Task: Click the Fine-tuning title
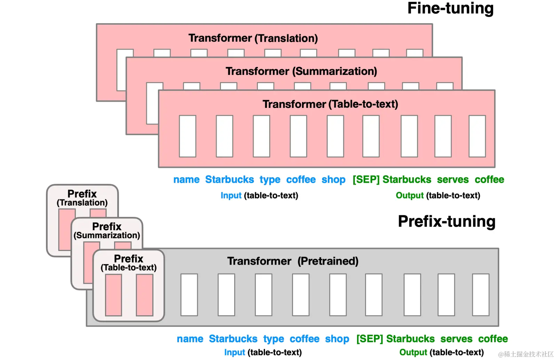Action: coord(450,8)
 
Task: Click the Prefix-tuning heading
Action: coord(446,221)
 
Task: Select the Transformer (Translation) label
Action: coord(253,38)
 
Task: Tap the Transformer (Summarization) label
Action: coord(301,71)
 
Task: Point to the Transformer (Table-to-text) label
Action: coord(330,104)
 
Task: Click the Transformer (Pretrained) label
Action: coord(293,261)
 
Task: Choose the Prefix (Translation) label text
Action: coord(82,198)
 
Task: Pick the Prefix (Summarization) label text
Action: coord(107,230)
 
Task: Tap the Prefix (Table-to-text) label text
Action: coord(128,263)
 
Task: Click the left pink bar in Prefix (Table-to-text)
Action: coord(113,295)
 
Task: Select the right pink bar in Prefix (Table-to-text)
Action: coord(144,295)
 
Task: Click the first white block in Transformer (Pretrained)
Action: coord(189,295)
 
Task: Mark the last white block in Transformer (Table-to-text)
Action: coord(477,136)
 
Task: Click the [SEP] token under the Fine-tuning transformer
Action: coord(366,180)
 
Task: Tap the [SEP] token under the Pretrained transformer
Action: coord(370,339)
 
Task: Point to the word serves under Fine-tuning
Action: coord(453,180)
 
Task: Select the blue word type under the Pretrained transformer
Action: coord(273,339)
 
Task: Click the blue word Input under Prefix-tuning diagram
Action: coord(235,352)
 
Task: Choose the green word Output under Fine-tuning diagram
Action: coord(410,196)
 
